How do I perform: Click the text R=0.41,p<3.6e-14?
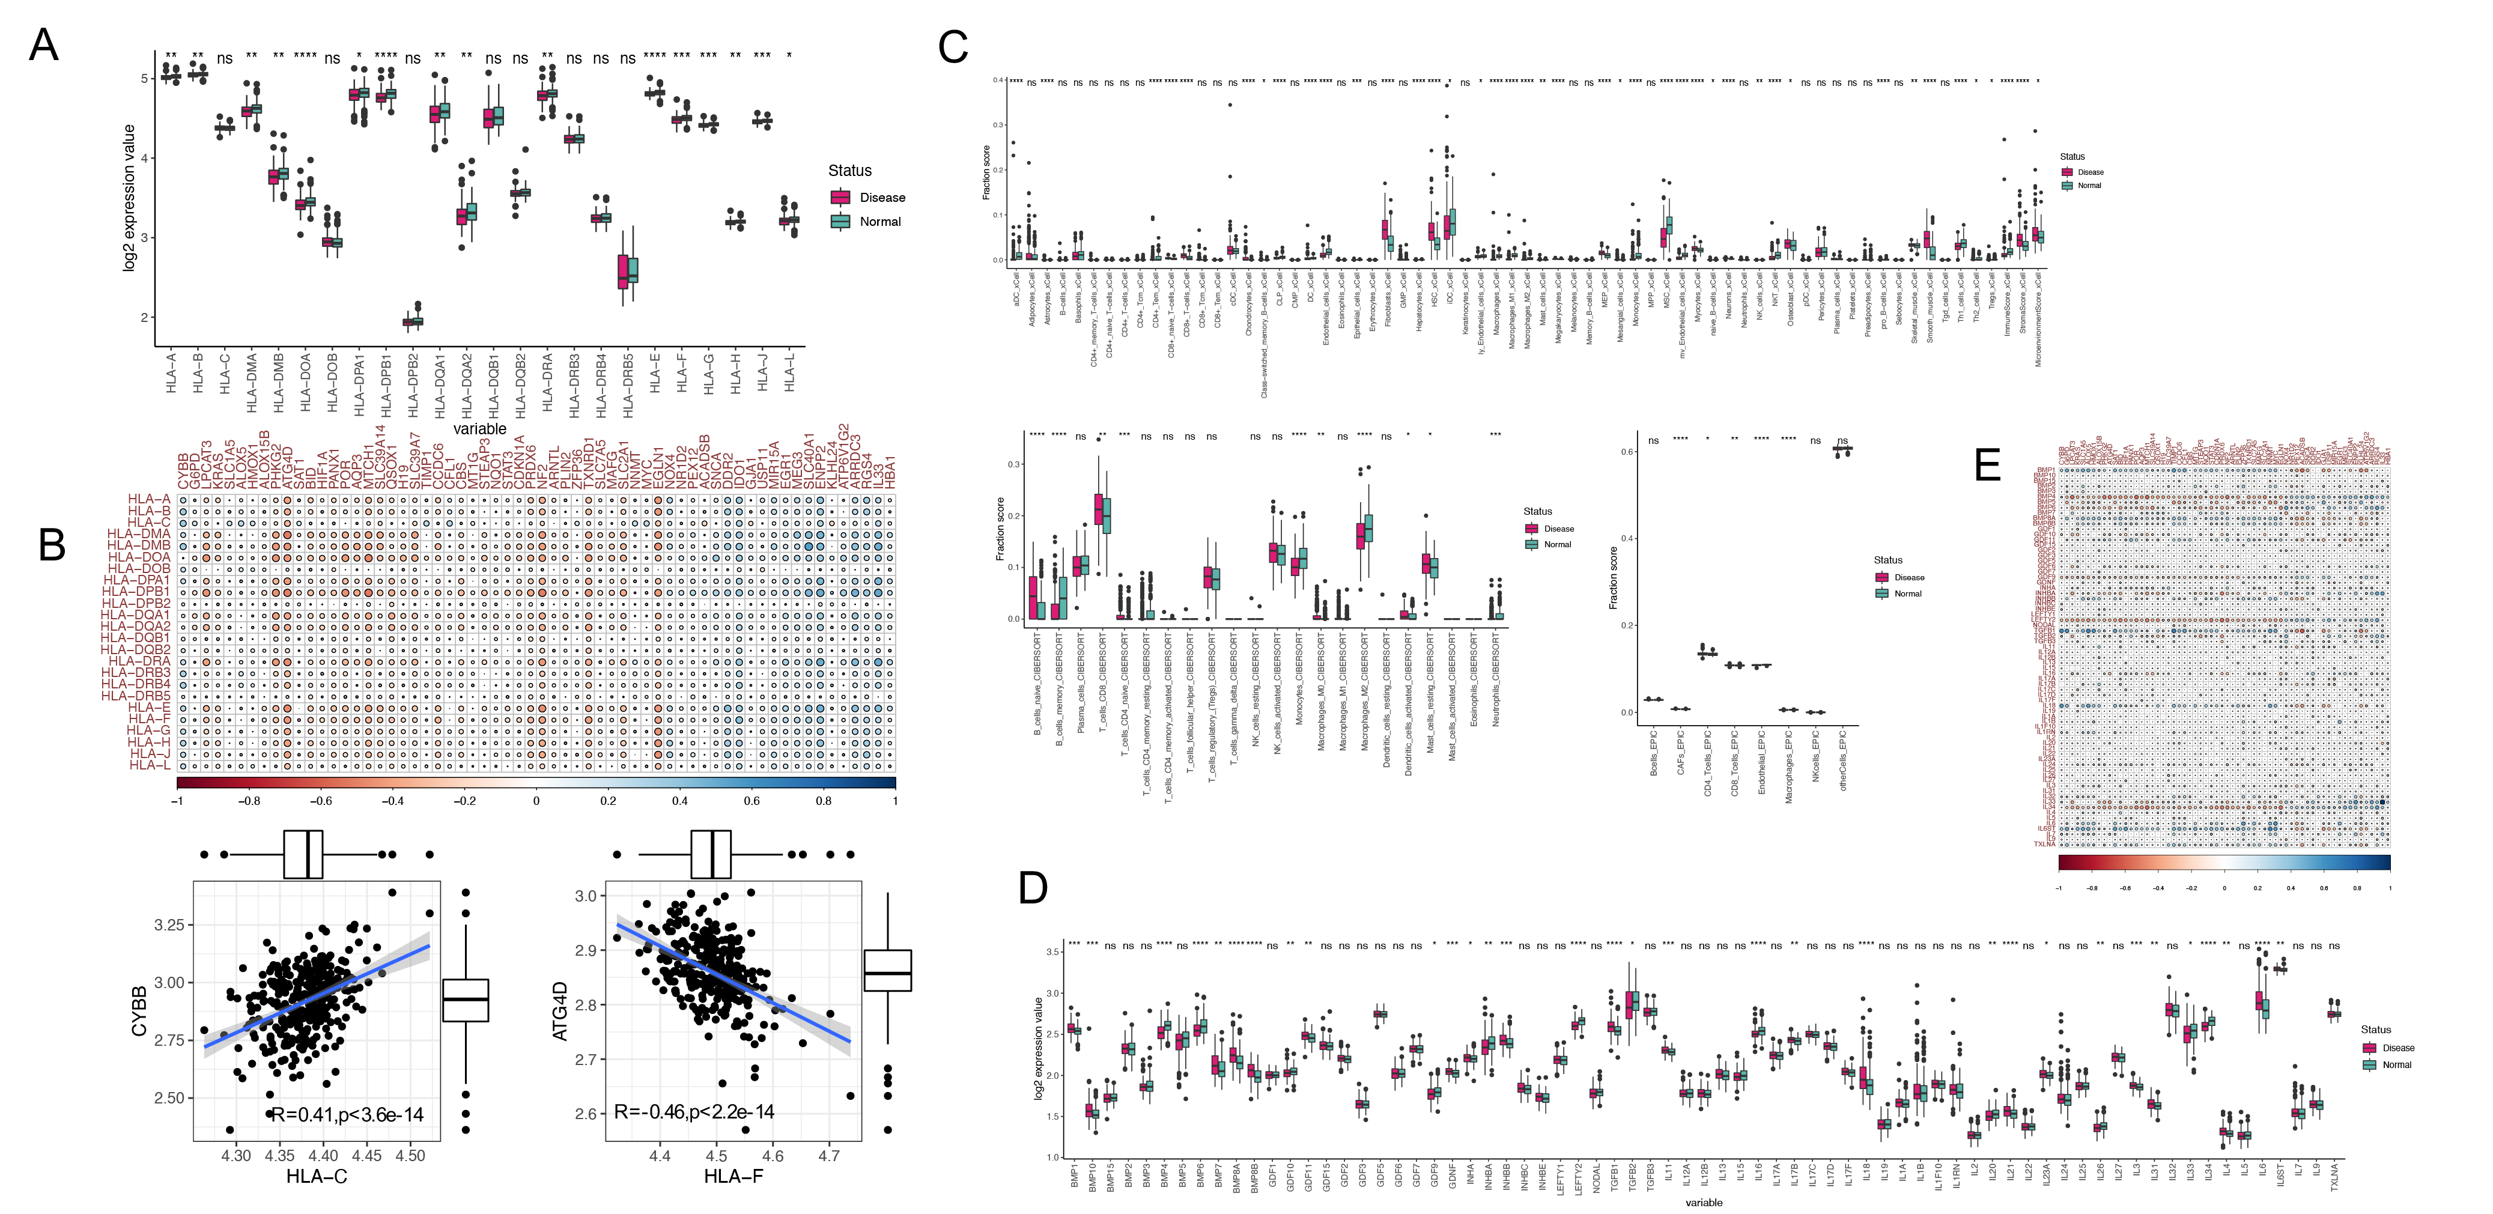click(x=347, y=1115)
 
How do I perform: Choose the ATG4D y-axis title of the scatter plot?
click(x=559, y=1012)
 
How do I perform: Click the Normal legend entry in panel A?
click(x=879, y=222)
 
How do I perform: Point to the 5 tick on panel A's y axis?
click(x=145, y=79)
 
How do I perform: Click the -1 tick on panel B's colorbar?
click(x=177, y=801)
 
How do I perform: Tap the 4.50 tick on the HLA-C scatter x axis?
click(x=410, y=1156)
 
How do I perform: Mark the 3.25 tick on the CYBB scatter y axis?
click(x=168, y=926)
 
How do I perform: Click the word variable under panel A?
click(x=479, y=429)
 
